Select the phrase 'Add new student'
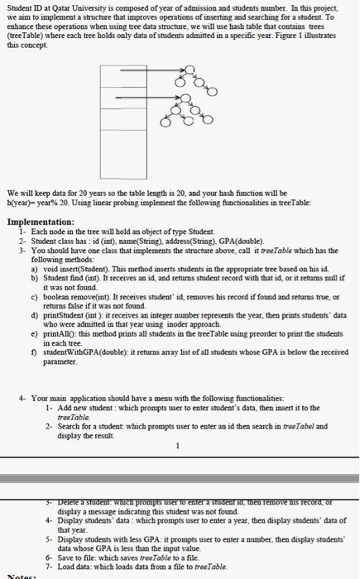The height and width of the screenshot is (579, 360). (x=81, y=409)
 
